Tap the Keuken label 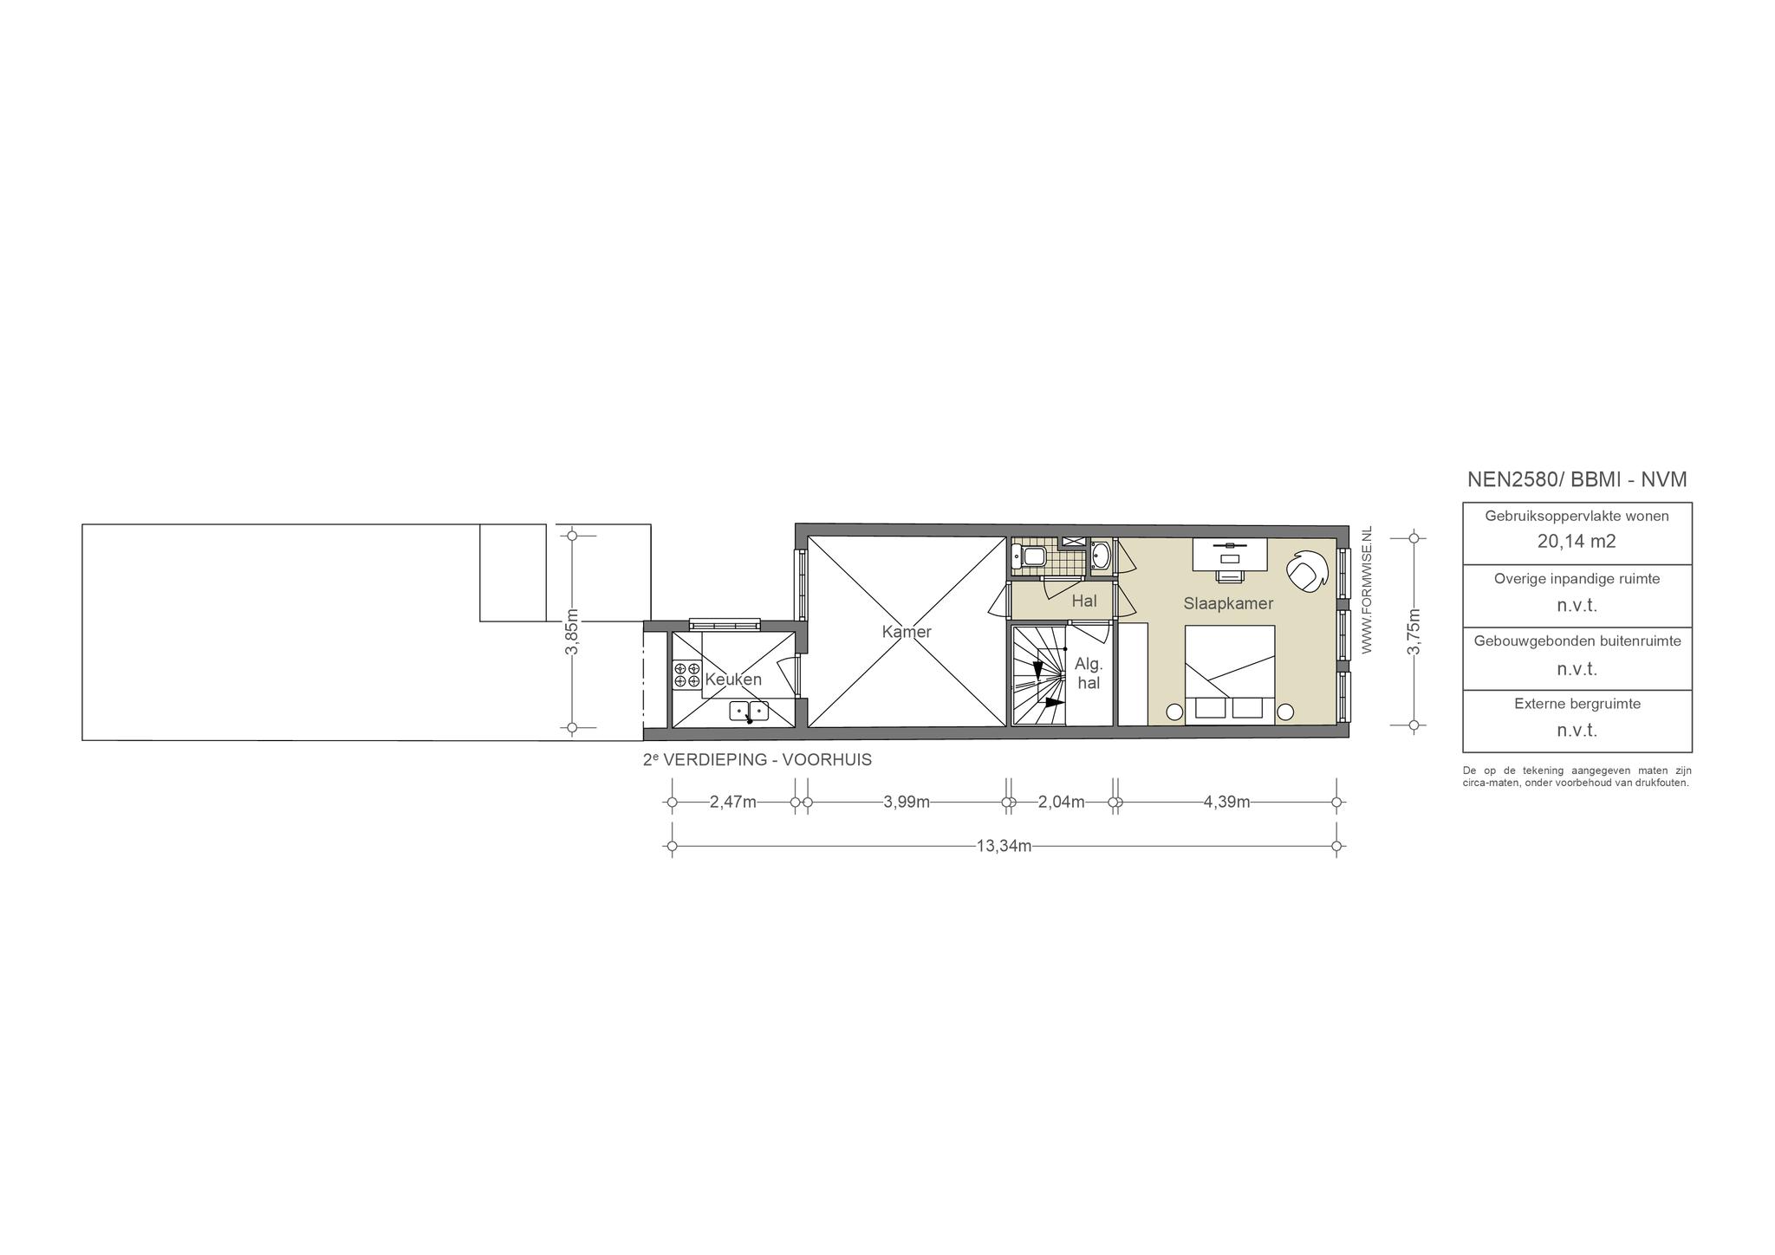point(733,680)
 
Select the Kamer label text point(907,632)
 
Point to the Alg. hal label point(1089,673)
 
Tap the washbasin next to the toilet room point(1100,556)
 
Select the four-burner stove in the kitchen point(687,675)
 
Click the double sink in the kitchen point(749,712)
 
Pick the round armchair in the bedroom point(1306,570)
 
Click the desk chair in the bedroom point(1229,575)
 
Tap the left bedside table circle point(1174,712)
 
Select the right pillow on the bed point(1248,708)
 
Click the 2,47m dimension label point(733,803)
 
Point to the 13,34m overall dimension point(1004,847)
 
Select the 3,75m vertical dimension point(1414,632)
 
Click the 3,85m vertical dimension point(572,632)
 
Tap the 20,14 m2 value point(1577,542)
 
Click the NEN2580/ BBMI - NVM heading point(1577,479)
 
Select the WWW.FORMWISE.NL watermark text point(1367,589)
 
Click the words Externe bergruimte point(1577,704)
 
